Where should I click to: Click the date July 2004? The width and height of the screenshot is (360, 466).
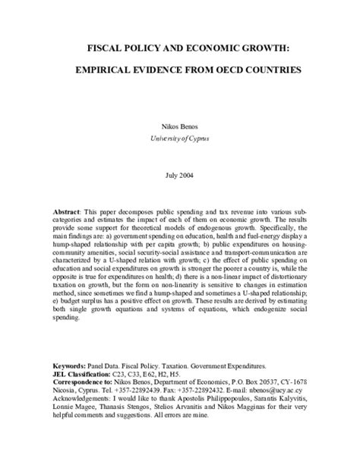point(180,175)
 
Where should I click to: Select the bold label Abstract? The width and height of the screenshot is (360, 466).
point(69,208)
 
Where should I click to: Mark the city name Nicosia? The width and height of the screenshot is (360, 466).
point(65,390)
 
